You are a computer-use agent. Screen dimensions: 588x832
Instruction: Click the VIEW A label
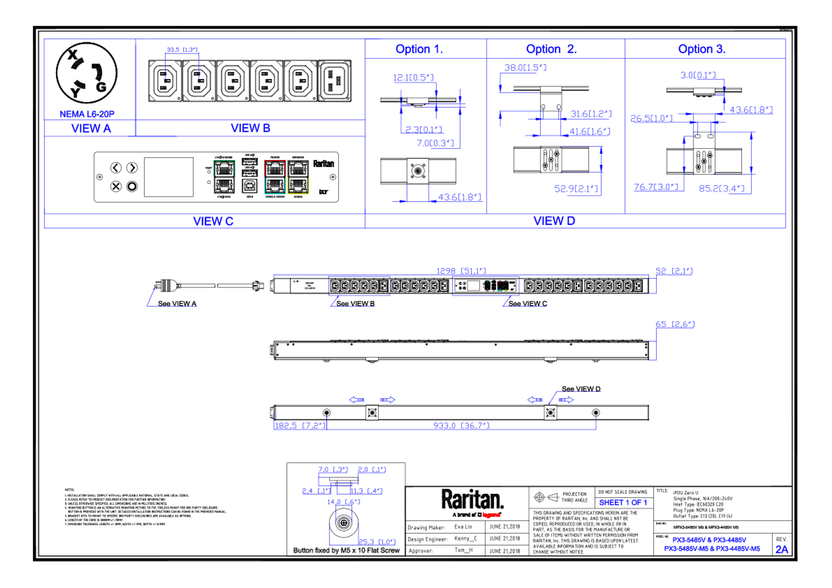pos(91,128)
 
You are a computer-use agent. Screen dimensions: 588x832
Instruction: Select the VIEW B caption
pos(250,128)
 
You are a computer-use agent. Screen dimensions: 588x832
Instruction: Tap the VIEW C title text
pos(213,221)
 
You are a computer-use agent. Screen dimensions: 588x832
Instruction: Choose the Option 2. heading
pos(551,49)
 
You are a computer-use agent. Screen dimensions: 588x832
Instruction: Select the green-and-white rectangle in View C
pos(224,177)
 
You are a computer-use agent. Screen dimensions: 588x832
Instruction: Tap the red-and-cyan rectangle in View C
pos(275,177)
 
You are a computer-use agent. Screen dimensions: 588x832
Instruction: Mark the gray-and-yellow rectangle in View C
pos(298,177)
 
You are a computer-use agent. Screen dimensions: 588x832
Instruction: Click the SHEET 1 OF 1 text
pos(622,503)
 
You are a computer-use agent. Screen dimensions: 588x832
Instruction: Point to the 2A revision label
pos(782,550)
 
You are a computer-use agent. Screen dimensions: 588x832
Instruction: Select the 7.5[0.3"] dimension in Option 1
pos(435,143)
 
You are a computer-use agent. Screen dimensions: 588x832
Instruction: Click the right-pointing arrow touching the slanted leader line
pos(566,400)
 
